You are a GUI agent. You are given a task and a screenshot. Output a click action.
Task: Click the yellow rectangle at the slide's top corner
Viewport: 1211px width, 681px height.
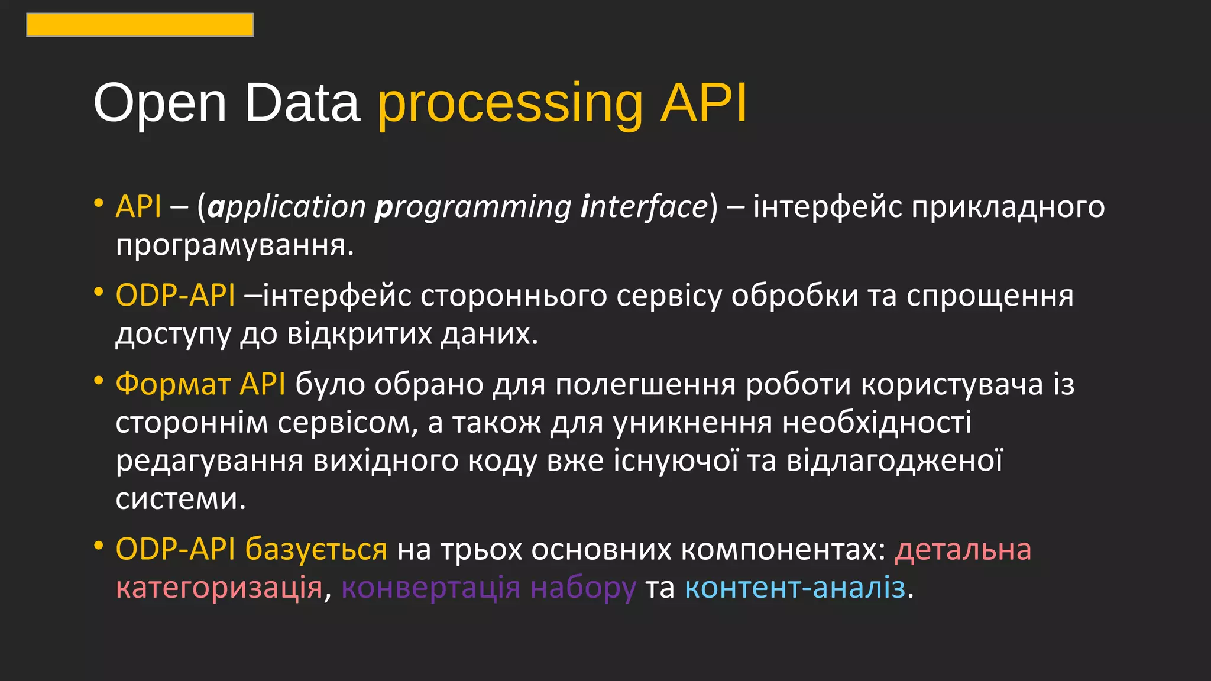coord(140,25)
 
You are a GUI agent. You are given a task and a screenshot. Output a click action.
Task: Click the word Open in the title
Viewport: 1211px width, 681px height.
coord(160,103)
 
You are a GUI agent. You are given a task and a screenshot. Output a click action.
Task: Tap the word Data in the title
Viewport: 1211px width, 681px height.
coord(302,103)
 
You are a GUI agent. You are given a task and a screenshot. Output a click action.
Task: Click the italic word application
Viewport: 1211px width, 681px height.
coord(287,207)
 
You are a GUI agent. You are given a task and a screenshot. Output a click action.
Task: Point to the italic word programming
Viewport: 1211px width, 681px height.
coord(473,207)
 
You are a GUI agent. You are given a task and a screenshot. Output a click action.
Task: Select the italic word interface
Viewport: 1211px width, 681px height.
coord(645,207)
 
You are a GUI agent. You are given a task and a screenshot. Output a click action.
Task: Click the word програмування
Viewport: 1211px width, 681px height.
coord(234,245)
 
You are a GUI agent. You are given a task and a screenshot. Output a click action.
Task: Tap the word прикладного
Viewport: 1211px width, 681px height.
coord(1008,207)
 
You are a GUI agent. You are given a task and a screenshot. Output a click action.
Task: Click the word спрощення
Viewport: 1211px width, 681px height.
coord(990,296)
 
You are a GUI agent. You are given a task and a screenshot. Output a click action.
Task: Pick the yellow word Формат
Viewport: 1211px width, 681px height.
coord(173,384)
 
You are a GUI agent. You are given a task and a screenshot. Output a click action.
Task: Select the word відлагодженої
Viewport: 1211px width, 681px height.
coord(894,461)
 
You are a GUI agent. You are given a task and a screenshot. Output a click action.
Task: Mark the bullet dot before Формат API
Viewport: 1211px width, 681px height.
coord(99,380)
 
